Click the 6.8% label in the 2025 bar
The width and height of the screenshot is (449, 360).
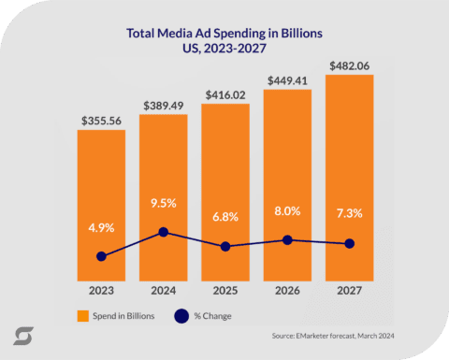tap(225, 216)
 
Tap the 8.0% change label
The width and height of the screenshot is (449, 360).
tap(287, 209)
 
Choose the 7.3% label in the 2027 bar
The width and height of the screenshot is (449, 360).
tap(349, 214)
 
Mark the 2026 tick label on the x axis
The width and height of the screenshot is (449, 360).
tap(287, 290)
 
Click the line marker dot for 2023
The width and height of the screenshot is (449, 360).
tap(101, 256)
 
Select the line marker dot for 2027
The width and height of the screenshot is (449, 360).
tap(349, 244)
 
